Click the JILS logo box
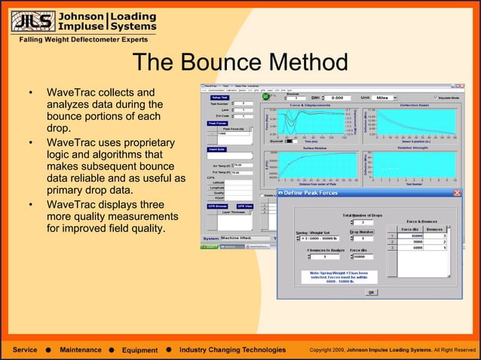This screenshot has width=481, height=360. tap(30, 22)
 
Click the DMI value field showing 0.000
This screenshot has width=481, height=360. tap(337, 98)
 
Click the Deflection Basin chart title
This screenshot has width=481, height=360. tap(413, 105)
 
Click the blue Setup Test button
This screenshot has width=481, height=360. tap(219, 98)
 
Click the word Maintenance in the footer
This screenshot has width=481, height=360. tap(81, 350)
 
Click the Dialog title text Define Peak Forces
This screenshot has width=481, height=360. tap(311, 194)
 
